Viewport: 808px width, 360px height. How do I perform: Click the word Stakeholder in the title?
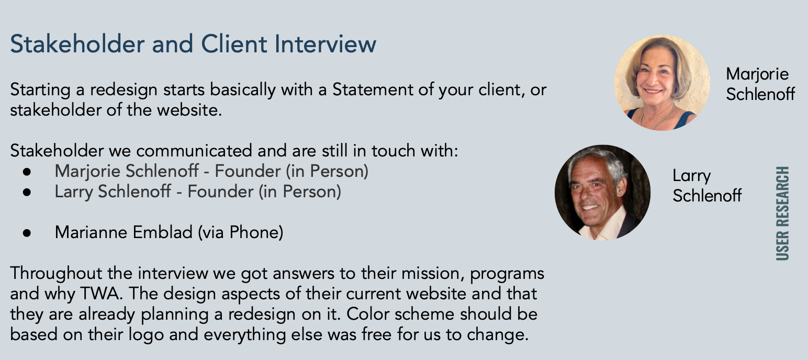[x=77, y=44]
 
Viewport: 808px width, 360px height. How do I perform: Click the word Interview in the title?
[x=325, y=44]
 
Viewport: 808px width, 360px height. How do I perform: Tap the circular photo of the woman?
[x=662, y=83]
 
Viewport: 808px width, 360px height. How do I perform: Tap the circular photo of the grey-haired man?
[x=602, y=193]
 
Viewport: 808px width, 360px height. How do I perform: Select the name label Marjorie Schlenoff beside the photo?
[x=760, y=84]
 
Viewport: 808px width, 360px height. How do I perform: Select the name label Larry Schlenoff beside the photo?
[x=707, y=185]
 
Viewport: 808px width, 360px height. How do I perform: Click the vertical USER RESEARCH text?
[x=782, y=213]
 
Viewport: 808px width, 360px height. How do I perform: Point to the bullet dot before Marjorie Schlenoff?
[x=27, y=172]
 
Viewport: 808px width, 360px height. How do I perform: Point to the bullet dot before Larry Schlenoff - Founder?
[x=27, y=192]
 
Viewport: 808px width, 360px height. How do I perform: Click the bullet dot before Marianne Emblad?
[x=27, y=233]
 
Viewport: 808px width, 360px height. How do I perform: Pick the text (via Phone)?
[x=241, y=232]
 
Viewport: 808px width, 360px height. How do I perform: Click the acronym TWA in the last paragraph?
[x=100, y=293]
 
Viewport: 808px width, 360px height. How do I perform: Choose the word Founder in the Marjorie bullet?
[x=248, y=171]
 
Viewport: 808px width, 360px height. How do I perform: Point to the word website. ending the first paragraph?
[x=189, y=110]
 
